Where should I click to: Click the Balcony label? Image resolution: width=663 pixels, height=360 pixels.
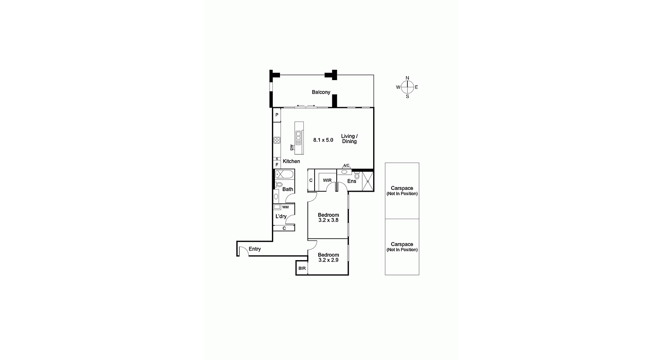tap(321, 92)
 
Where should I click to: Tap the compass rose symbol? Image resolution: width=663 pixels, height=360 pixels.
tap(407, 87)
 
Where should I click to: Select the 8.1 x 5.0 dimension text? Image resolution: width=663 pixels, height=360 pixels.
tap(323, 140)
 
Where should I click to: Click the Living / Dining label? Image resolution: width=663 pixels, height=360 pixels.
tap(349, 139)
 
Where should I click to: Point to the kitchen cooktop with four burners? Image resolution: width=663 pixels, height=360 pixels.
tap(277, 140)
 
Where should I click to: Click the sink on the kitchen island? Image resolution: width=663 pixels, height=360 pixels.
tap(298, 135)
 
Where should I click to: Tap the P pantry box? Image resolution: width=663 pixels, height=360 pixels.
tap(277, 115)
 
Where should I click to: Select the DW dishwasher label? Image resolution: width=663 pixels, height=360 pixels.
tap(292, 147)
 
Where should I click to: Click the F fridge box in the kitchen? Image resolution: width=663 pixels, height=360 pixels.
tap(277, 165)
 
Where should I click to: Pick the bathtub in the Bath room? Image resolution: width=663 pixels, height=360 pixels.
tap(284, 175)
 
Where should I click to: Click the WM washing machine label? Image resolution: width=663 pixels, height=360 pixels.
tap(285, 207)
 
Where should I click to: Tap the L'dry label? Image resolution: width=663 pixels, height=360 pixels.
tap(281, 216)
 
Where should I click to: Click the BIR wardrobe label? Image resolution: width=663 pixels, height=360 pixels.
tap(302, 269)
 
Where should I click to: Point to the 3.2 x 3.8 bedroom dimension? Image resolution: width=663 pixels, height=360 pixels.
tap(328, 220)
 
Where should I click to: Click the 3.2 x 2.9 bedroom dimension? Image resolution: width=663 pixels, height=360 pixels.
tap(328, 260)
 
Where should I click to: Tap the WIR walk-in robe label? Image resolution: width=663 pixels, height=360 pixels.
tap(327, 180)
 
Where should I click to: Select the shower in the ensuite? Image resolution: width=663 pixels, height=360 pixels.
tap(368, 181)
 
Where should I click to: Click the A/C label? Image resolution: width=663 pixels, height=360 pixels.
tap(346, 166)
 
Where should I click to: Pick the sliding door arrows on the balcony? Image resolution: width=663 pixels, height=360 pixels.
tap(306, 106)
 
